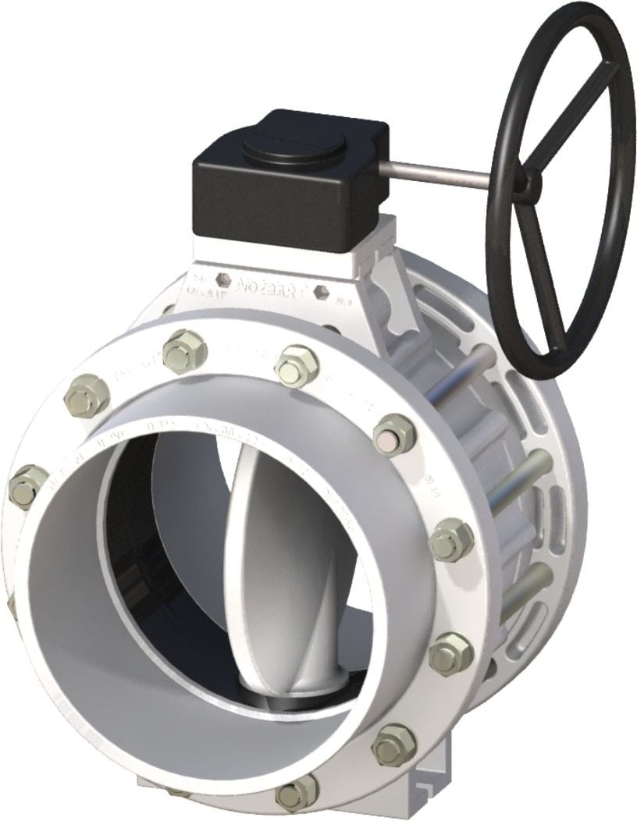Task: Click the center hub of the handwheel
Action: (x=533, y=182)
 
